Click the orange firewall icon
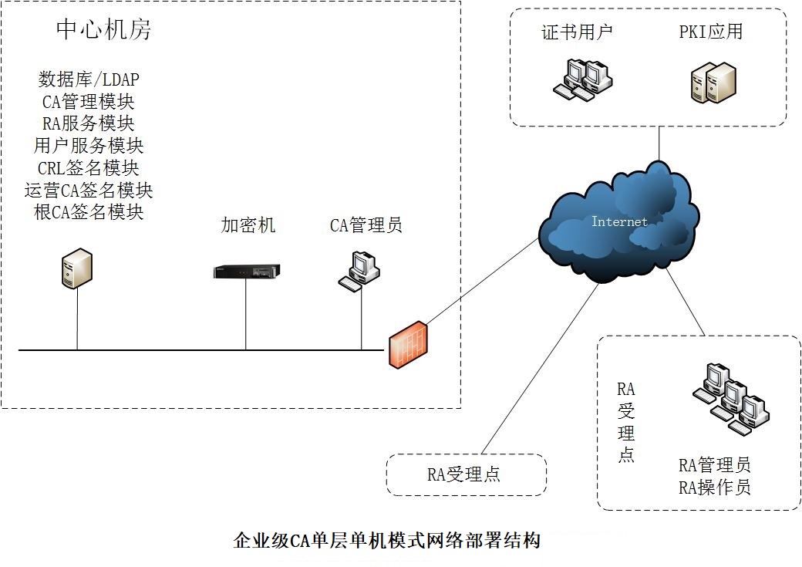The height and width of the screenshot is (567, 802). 408,345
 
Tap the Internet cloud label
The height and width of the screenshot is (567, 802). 619,221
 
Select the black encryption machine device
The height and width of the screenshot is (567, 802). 247,272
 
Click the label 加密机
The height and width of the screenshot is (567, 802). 248,225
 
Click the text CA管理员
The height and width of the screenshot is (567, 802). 366,225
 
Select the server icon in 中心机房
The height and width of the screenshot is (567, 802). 76,268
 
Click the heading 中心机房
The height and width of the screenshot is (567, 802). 104,29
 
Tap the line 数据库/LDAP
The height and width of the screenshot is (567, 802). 89,79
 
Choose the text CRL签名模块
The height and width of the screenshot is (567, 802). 89,168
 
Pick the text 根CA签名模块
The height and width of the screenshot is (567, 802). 89,212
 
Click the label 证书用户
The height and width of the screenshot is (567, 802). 577,32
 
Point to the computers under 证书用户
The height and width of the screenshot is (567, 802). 583,80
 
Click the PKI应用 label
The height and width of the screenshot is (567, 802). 710,32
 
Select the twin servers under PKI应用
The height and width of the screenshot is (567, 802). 713,83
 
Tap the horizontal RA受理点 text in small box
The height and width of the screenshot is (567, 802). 463,474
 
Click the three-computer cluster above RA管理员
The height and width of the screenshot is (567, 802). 731,399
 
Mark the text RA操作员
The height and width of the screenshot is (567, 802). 715,488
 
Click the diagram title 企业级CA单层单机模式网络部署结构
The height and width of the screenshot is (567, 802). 386,541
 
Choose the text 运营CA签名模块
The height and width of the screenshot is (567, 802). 89,190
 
